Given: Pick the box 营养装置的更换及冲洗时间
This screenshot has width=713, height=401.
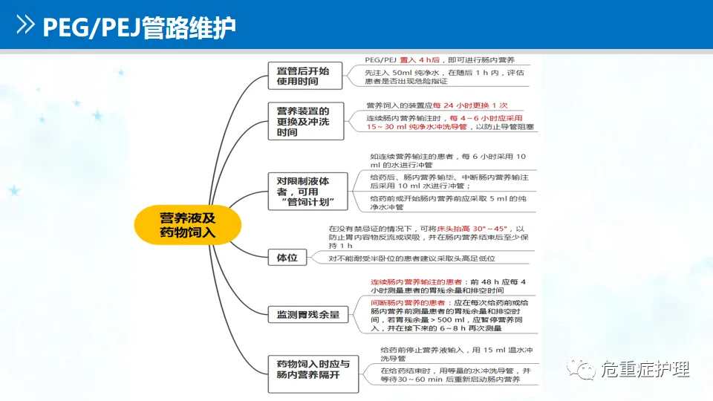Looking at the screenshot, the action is click(x=305, y=121).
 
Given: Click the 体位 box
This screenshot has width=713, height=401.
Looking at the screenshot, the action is click(x=287, y=258).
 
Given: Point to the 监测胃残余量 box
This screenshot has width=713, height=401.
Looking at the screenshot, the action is click(x=307, y=314).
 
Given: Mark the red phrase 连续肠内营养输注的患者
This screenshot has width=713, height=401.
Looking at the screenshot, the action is click(x=417, y=282).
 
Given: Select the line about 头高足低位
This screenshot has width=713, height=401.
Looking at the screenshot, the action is click(x=412, y=258).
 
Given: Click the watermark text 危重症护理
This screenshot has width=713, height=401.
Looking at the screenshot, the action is click(x=645, y=369).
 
